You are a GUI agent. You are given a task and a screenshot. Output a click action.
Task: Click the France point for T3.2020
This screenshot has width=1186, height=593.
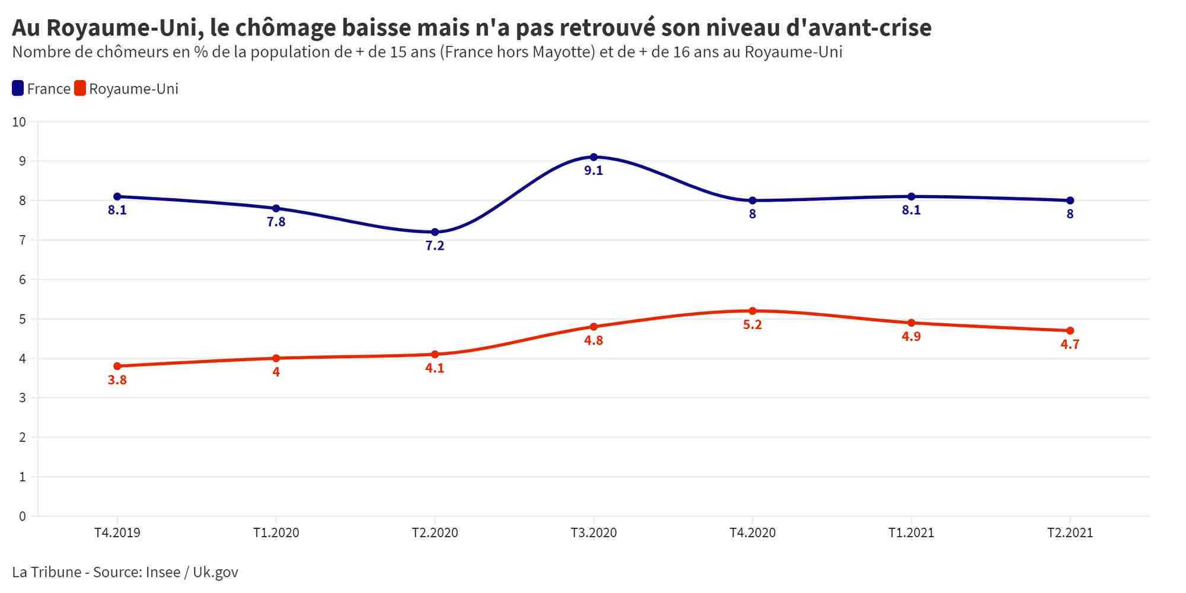pyautogui.click(x=594, y=157)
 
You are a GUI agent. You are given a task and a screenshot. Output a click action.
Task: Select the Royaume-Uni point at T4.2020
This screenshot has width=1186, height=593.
pyautogui.click(x=753, y=311)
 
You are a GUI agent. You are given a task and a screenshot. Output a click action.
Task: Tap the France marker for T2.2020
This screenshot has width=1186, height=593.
pyautogui.click(x=435, y=232)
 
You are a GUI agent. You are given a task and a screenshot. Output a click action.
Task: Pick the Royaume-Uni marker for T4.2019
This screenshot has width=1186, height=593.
pyautogui.click(x=117, y=366)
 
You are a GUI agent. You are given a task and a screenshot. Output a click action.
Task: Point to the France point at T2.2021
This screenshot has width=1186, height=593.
pyautogui.click(x=1070, y=200)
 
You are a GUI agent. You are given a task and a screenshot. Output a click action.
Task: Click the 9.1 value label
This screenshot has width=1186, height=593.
pyautogui.click(x=594, y=171)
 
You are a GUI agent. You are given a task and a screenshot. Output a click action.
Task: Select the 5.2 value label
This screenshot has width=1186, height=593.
pyautogui.click(x=753, y=325)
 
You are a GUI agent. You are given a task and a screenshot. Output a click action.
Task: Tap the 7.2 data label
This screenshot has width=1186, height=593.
pyautogui.click(x=435, y=246)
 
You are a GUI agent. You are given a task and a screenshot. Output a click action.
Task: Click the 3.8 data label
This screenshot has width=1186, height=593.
pyautogui.click(x=117, y=380)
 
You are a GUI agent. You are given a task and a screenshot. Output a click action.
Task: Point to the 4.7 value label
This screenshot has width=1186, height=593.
pyautogui.click(x=1070, y=345)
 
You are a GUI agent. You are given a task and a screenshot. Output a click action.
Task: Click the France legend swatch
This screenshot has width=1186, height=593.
pyautogui.click(x=18, y=88)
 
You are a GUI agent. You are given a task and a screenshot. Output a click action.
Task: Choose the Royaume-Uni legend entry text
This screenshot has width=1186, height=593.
pyautogui.click(x=133, y=89)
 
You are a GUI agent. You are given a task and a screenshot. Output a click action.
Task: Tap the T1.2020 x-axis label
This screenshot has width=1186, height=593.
pyautogui.click(x=276, y=533)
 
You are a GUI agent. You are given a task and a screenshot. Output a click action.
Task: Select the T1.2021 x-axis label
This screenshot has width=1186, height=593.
pyautogui.click(x=911, y=533)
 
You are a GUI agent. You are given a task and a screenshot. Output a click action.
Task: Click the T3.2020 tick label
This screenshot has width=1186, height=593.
pyautogui.click(x=594, y=533)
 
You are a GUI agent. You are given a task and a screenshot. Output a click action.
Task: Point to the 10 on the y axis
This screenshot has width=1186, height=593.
pyautogui.click(x=20, y=122)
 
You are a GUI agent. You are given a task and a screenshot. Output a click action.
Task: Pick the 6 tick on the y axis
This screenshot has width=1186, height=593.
pyautogui.click(x=23, y=280)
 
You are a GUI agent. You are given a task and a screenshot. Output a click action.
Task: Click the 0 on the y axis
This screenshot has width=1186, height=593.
pyautogui.click(x=23, y=517)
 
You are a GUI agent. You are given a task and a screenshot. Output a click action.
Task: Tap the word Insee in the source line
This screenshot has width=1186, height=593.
pyautogui.click(x=163, y=572)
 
